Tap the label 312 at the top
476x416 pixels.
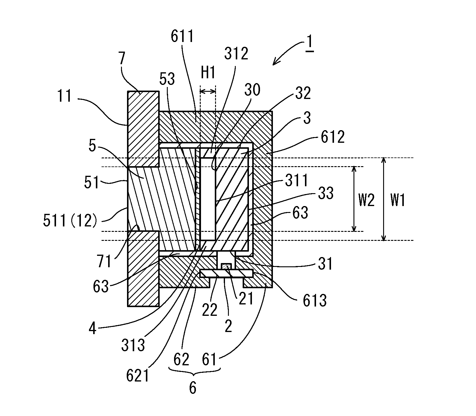coord(236,54)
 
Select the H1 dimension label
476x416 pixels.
coord(208,73)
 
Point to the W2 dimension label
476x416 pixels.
coord(366,199)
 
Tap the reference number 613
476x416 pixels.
coord(314,300)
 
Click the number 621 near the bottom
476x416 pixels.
coord(138,376)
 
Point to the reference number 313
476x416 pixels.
coord(133,345)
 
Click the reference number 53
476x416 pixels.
coord(167,79)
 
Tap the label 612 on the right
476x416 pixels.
coord(333,137)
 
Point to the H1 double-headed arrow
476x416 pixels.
coord(208,91)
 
